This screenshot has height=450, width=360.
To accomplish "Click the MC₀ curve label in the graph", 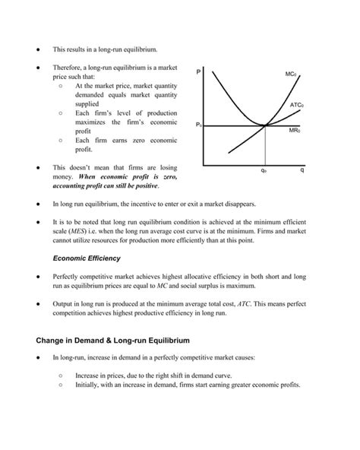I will (x=291, y=74).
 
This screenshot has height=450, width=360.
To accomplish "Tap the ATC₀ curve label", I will (x=296, y=104).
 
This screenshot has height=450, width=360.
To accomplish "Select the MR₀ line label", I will (x=295, y=131).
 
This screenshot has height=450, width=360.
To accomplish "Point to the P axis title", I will (x=198, y=72).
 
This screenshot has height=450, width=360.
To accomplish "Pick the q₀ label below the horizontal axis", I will (x=263, y=171).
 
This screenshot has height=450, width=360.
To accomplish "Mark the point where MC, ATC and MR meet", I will (x=264, y=125).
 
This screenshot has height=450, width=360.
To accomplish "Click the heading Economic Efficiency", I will (x=86, y=258).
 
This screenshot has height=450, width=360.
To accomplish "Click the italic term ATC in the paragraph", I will (x=247, y=303).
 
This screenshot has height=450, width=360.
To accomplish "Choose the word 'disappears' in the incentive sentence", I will (x=241, y=204).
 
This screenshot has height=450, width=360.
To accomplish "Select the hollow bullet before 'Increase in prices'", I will (x=60, y=375).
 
